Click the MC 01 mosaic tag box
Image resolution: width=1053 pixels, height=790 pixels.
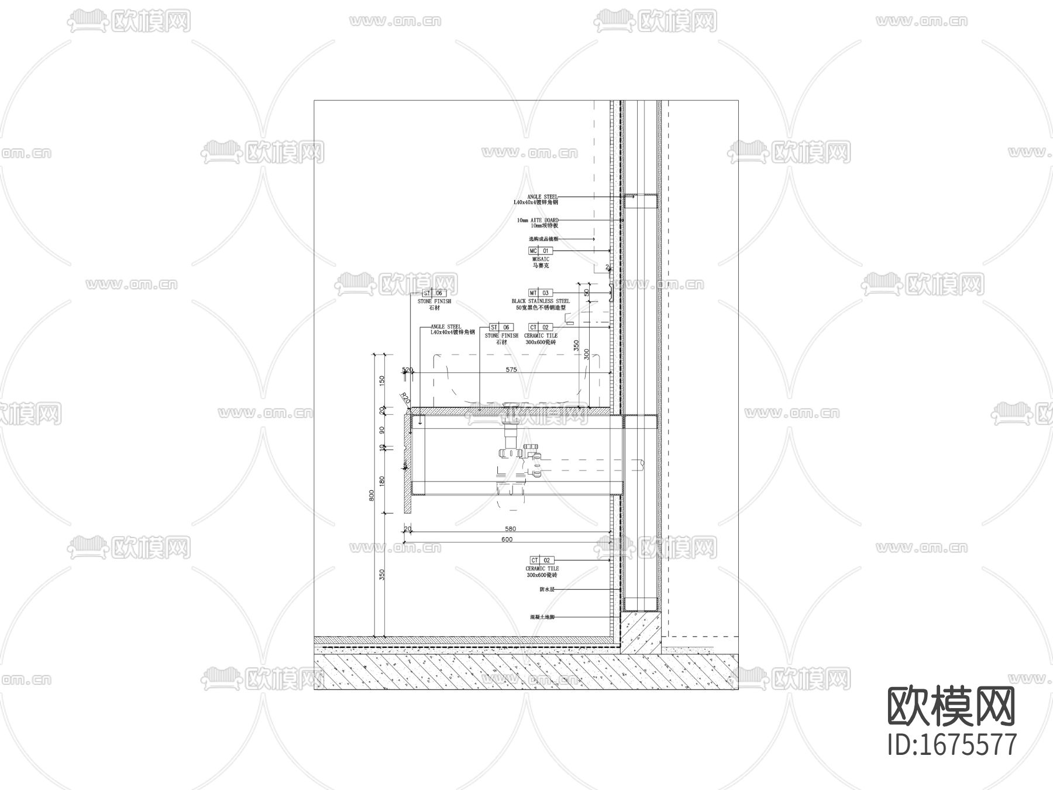point(539,251)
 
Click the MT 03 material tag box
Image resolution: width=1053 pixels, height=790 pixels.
point(539,293)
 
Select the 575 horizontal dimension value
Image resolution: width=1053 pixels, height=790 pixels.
point(511,370)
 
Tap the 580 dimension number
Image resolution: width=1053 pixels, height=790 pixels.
point(510,529)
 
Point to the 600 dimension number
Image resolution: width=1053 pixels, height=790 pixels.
point(507,540)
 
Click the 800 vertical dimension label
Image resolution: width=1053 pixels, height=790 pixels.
point(371,496)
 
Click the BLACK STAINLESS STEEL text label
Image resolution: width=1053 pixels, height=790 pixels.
point(540,301)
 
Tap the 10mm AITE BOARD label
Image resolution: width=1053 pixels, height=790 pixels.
point(537,221)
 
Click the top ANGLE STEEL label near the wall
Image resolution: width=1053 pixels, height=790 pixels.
point(542,197)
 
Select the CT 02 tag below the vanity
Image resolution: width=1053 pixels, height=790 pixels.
point(539,561)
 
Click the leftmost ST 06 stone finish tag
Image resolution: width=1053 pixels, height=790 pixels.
point(433,293)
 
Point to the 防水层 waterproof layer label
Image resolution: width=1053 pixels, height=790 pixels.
point(546,590)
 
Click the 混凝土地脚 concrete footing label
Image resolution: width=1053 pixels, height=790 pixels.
point(542,617)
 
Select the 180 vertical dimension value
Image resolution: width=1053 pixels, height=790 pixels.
point(382,481)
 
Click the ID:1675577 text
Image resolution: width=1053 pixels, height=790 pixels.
point(952,744)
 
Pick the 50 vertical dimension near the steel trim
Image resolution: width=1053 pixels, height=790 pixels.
point(587,292)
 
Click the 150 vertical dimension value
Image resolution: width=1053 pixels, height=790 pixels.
point(382,380)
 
